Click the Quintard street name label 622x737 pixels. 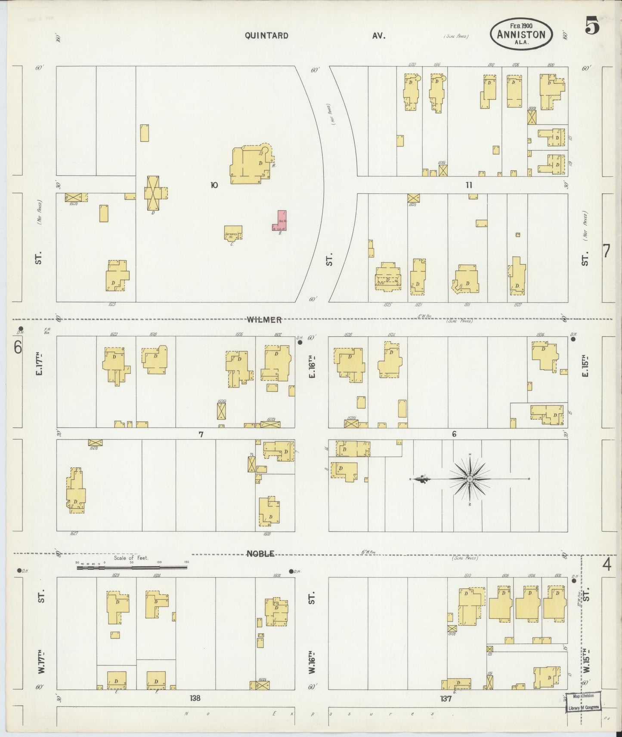tap(266, 36)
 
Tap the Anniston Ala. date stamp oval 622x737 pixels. tap(521, 34)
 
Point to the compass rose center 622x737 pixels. tap(470, 479)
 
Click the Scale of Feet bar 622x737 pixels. tap(132, 568)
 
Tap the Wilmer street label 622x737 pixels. tap(264, 319)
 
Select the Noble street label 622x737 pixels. tap(260, 554)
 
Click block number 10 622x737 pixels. tap(214, 185)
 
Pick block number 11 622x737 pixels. tap(469, 185)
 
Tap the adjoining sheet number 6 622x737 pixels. tap(18, 347)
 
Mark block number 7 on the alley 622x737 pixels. tap(201, 434)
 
